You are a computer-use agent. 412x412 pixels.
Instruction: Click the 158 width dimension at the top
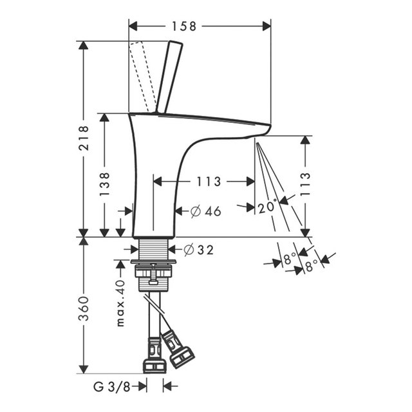pyautogui.click(x=184, y=26)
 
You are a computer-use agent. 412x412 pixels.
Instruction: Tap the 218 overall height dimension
pyautogui.click(x=84, y=138)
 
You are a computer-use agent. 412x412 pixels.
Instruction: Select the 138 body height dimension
pyautogui.click(x=104, y=184)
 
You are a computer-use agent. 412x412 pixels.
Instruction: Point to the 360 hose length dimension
pyautogui.click(x=84, y=308)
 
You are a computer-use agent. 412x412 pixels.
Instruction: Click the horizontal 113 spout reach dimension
pyautogui.click(x=209, y=182)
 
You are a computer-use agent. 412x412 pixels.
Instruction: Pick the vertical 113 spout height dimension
pyautogui.click(x=305, y=184)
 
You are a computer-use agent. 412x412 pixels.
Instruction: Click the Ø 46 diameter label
pyautogui.click(x=206, y=211)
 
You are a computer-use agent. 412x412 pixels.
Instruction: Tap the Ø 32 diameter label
pyautogui.click(x=199, y=250)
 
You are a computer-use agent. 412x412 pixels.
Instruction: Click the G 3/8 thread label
pyautogui.click(x=111, y=386)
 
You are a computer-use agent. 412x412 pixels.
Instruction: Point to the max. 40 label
pyautogui.click(x=120, y=303)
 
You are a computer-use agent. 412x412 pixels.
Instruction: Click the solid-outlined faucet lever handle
pyautogui.click(x=169, y=77)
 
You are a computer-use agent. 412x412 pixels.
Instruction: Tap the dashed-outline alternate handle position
pyautogui.click(x=142, y=77)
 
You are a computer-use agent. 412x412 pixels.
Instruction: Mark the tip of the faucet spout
pyautogui.click(x=270, y=126)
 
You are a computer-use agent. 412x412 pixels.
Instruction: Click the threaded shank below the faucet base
pyautogui.click(x=153, y=249)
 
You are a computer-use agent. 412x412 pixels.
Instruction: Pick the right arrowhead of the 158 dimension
pyautogui.click(x=267, y=26)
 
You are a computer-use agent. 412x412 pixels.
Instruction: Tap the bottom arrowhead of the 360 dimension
pyautogui.click(x=84, y=369)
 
